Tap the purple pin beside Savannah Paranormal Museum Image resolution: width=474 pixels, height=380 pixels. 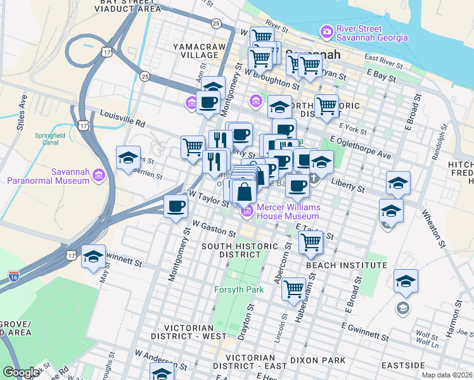[x=98, y=175]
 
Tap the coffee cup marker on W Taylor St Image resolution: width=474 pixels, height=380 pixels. [x=176, y=206]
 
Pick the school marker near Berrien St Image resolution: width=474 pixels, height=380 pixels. [x=128, y=158]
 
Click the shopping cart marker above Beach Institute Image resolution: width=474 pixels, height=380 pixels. [x=310, y=241]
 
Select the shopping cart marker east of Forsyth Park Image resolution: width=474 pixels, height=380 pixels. [x=293, y=289]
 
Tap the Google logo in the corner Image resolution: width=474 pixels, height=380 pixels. [x=21, y=372]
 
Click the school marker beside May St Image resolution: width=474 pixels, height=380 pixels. [x=94, y=256]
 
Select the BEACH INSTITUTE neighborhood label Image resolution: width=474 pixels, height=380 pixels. [x=347, y=266]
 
